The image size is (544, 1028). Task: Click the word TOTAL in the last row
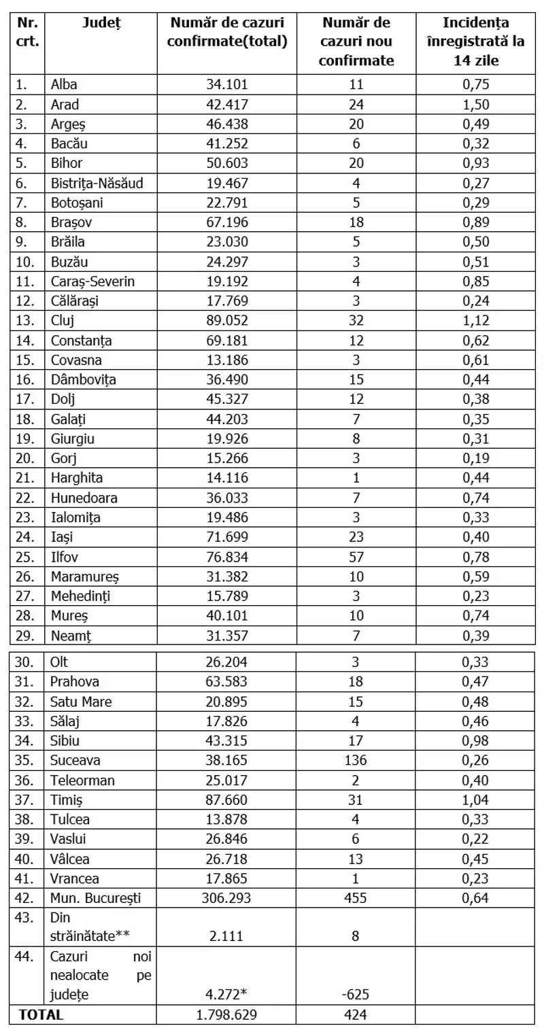[41, 1014]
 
